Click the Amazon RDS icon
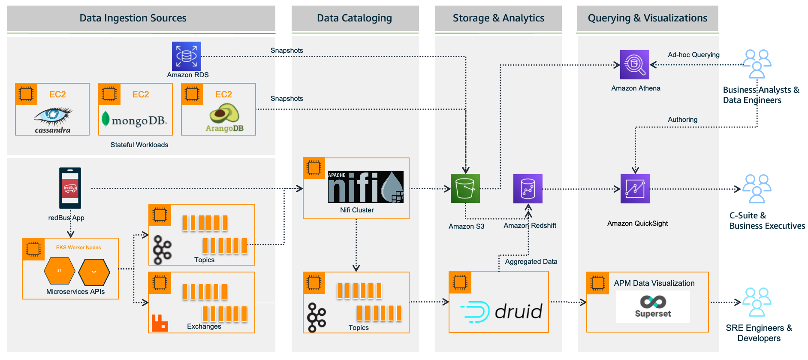click(186, 56)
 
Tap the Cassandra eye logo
click(53, 115)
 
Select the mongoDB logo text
click(139, 121)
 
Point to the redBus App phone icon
click(70, 188)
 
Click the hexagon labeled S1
click(60, 271)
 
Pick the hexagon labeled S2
click(94, 272)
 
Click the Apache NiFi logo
click(365, 187)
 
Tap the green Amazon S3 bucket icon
click(465, 188)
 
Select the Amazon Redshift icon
click(528, 189)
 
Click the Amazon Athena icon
click(634, 65)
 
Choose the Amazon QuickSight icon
click(635, 189)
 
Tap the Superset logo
click(653, 306)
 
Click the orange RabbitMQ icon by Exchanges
click(160, 323)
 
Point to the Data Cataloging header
click(354, 18)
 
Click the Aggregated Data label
click(531, 261)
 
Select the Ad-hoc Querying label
click(693, 54)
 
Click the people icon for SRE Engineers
click(757, 302)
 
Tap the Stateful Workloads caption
click(139, 145)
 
